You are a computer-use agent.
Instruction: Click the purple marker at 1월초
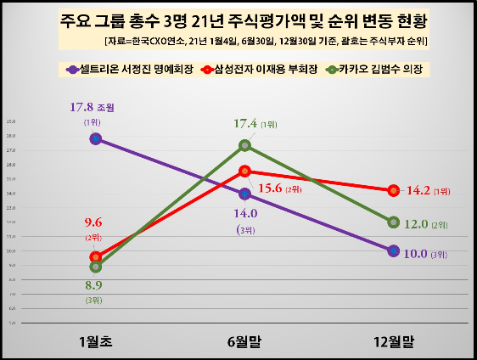pos(96,138)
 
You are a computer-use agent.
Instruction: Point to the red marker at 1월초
pos(96,256)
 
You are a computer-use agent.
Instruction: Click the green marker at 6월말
pos(245,145)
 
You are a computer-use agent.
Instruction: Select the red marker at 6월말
pos(245,171)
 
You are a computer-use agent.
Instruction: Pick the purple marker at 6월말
pos(245,194)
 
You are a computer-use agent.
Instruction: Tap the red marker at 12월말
pos(393,190)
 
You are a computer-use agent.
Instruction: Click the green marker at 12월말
pos(393,222)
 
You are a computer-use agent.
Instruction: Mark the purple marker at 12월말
pos(393,250)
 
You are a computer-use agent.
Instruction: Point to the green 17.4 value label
pos(247,124)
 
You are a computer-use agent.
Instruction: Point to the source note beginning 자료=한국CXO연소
pos(265,41)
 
